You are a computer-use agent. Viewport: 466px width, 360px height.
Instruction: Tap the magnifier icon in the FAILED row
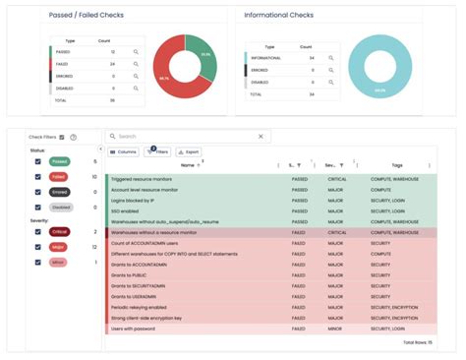[136, 63]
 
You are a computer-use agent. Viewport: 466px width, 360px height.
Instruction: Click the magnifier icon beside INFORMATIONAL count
[331, 58]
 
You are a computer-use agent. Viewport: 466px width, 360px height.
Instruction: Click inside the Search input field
[187, 137]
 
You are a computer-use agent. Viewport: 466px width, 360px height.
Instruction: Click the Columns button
[123, 152]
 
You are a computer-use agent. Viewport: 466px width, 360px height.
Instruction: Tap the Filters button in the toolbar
[157, 152]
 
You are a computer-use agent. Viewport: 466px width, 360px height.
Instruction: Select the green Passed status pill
[60, 161]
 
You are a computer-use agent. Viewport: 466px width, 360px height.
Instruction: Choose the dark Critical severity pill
[60, 232]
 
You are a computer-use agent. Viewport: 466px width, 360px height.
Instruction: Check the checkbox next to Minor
[38, 263]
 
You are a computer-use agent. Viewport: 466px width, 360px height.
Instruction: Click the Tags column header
[396, 165]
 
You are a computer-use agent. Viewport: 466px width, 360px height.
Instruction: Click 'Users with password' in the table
[135, 330]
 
